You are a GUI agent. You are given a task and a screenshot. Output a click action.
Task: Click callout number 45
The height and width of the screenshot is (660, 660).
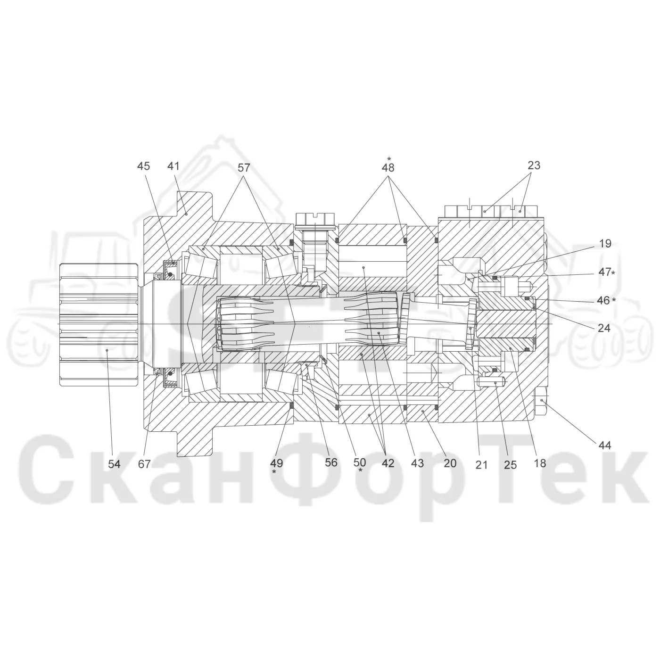[x=143, y=166]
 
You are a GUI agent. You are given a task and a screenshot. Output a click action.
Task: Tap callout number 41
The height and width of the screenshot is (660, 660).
[x=173, y=166]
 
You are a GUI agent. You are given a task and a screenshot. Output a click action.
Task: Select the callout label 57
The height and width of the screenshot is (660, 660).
[x=244, y=167]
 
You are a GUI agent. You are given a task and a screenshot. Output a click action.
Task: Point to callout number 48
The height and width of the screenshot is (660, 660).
[x=388, y=167]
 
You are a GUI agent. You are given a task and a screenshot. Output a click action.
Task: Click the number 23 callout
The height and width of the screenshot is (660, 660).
[x=534, y=165]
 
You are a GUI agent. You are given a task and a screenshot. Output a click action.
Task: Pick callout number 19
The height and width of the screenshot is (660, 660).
[x=605, y=244]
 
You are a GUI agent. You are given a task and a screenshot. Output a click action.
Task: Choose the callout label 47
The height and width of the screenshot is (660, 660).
[x=605, y=272]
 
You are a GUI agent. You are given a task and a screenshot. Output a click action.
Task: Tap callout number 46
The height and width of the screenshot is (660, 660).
[x=603, y=300]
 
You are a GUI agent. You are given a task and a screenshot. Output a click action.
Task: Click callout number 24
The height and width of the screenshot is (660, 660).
[x=604, y=328]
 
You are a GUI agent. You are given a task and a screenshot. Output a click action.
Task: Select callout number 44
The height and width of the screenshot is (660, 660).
[x=604, y=445]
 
